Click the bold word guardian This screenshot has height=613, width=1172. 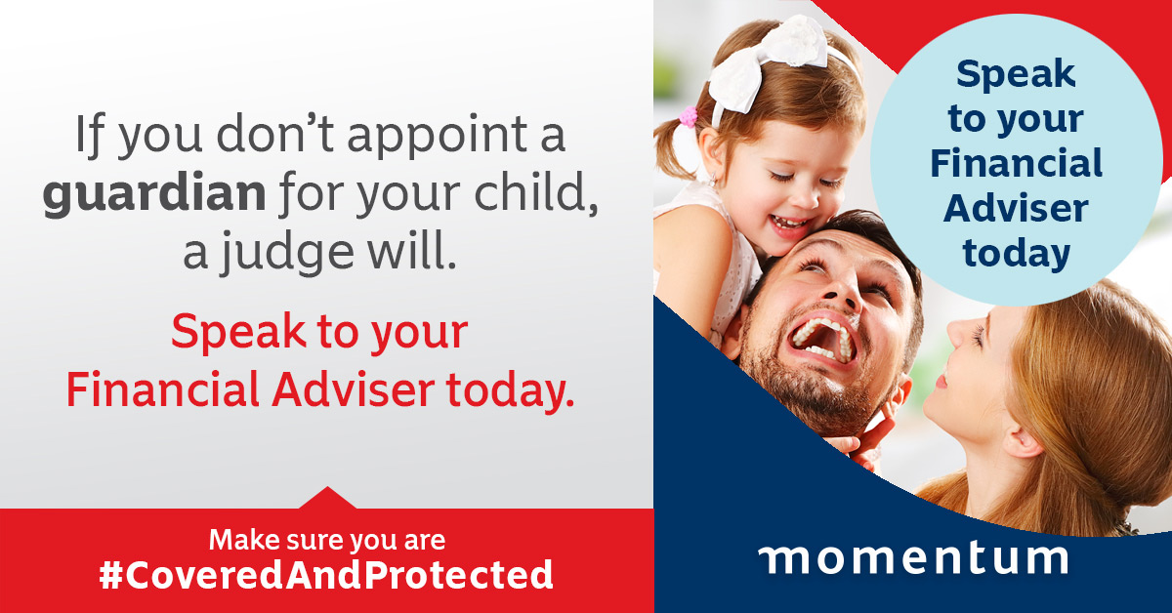click(x=154, y=194)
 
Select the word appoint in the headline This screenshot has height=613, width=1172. click(x=437, y=135)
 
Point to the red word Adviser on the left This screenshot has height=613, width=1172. click(x=354, y=389)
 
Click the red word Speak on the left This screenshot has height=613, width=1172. click(x=238, y=332)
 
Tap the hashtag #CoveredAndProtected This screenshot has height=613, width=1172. click(x=326, y=574)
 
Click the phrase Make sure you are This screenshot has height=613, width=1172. click(x=327, y=540)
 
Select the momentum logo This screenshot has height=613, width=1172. click(x=913, y=558)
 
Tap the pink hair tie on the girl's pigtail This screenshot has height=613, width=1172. click(x=689, y=116)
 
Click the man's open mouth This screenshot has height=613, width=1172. click(x=823, y=340)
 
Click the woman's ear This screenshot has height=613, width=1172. click(x=1022, y=439)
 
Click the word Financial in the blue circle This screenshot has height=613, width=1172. click(x=1016, y=163)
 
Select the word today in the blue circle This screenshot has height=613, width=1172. click(x=1016, y=254)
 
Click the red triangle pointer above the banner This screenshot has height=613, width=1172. click(x=327, y=498)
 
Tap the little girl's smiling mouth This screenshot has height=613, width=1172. click(x=789, y=222)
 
